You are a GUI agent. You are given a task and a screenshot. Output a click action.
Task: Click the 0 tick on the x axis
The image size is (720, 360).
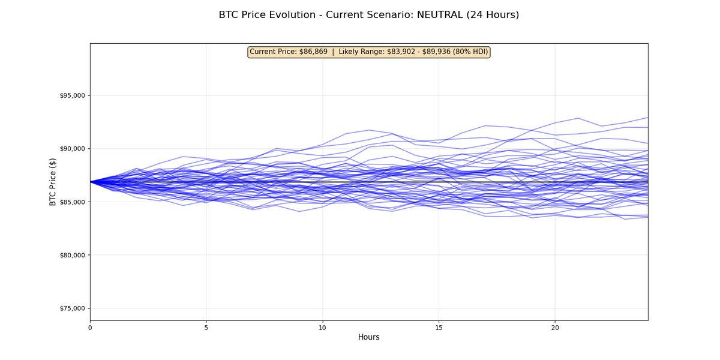[x=90, y=328]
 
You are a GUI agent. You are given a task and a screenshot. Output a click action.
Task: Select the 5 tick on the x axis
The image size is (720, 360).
[x=206, y=328]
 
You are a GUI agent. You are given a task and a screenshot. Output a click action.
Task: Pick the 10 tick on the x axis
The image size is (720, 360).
[x=322, y=328]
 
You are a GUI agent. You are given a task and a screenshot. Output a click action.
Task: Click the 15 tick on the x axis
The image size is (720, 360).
[x=439, y=328]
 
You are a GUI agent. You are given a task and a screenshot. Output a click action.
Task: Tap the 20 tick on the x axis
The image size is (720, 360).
[x=555, y=328]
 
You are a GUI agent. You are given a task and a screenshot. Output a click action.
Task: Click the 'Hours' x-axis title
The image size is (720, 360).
[x=369, y=338]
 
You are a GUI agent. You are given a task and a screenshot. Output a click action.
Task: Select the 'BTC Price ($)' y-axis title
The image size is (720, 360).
[x=53, y=182]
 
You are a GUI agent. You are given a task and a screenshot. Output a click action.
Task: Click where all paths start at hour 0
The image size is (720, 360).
[x=91, y=181]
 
